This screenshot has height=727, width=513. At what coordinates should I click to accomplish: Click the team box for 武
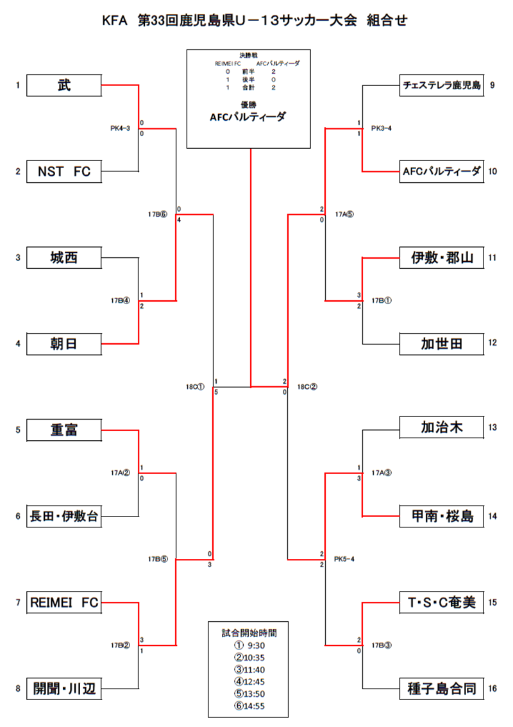(63, 85)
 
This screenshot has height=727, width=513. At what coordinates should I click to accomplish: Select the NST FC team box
(63, 171)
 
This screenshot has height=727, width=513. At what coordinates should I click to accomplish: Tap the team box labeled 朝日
(63, 344)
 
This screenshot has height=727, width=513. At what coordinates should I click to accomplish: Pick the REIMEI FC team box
(63, 603)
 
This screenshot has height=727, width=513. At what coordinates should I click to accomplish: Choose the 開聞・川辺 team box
(63, 689)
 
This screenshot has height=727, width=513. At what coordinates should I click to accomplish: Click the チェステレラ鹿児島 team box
(441, 85)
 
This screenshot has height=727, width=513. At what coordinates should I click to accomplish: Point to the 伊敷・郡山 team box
(441, 258)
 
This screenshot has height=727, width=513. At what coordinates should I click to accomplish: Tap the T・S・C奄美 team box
(441, 603)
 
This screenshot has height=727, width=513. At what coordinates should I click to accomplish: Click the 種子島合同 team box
(441, 689)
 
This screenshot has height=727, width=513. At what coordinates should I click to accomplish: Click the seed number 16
(492, 689)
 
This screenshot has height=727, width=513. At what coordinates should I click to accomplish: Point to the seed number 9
(492, 85)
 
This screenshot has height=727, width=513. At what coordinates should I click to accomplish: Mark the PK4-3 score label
(120, 128)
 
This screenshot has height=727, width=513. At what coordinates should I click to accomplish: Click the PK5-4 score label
(344, 559)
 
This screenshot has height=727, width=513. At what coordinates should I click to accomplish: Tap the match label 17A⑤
(344, 215)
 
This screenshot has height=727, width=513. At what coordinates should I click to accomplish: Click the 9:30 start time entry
(249, 646)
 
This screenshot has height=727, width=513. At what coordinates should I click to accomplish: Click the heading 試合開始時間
(250, 632)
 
